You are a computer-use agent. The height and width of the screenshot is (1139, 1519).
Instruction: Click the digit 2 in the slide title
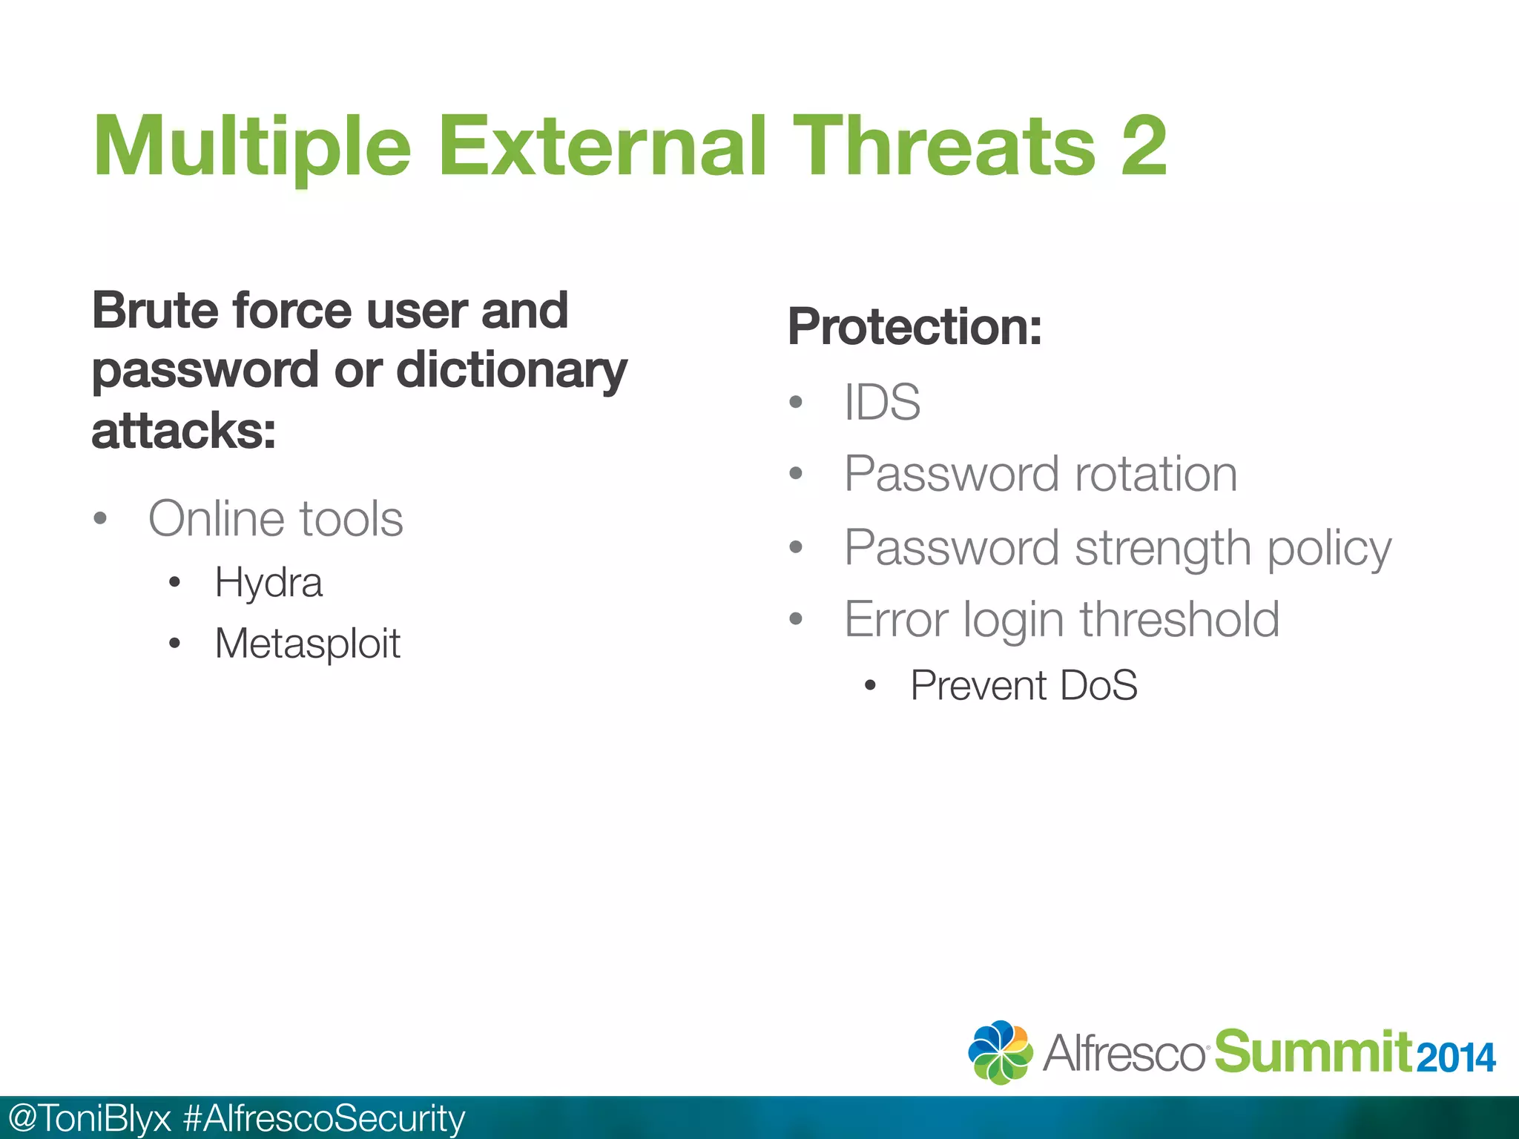click(1143, 147)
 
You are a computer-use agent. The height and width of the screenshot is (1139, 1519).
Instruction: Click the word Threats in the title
click(943, 147)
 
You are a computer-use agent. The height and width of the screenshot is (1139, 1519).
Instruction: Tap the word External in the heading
click(602, 147)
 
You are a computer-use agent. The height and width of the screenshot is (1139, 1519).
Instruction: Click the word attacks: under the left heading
click(183, 431)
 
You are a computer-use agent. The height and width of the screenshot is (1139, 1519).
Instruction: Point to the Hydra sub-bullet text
click(268, 583)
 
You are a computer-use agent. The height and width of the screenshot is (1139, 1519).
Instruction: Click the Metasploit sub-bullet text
click(307, 644)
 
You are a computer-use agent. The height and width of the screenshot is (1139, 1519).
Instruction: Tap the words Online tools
click(276, 518)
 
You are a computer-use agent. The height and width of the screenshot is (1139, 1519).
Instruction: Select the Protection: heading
click(915, 326)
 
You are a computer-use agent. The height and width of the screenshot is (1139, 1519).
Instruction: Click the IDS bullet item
click(882, 403)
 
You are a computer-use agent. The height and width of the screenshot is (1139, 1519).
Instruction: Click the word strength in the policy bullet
click(1162, 549)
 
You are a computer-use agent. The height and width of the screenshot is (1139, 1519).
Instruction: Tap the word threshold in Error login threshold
click(1179, 619)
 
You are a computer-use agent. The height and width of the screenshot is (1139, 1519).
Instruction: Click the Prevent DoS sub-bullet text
click(1024, 685)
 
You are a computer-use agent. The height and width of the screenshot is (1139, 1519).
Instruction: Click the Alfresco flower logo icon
click(1000, 1051)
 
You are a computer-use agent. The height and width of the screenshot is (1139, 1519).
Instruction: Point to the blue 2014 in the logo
click(1455, 1057)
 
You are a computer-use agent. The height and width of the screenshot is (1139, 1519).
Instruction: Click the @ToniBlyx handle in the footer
click(89, 1118)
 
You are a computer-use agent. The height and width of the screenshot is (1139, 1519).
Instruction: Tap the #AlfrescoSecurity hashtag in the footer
click(323, 1118)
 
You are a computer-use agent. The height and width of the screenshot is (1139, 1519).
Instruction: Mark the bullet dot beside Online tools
click(100, 518)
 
